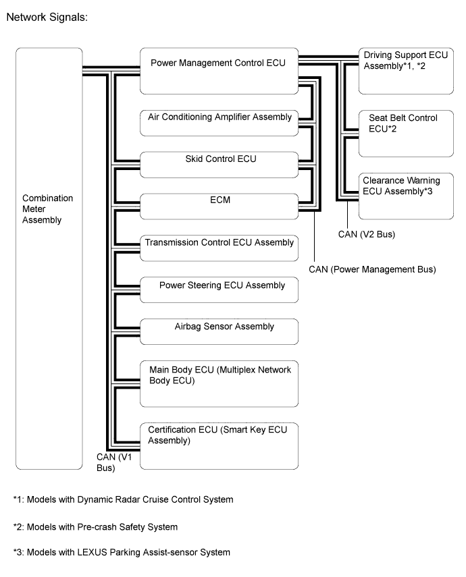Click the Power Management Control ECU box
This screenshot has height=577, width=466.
219,71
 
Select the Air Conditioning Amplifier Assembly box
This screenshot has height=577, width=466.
219,123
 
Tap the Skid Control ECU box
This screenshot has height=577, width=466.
219,165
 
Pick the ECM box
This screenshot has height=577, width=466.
219,207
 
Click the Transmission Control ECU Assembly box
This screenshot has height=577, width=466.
219,248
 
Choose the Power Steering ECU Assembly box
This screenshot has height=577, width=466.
219,290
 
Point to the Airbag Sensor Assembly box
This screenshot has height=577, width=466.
219,331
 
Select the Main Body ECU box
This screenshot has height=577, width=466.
219,384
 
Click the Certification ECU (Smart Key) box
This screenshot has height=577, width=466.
219,446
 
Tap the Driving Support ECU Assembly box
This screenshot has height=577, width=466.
406,71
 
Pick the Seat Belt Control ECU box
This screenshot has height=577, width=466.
406,134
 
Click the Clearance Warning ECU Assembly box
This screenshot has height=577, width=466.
406,196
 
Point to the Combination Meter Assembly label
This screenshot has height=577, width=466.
47,209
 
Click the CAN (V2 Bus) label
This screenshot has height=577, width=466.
367,234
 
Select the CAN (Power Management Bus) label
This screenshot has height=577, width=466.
372,269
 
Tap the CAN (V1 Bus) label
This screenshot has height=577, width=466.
114,462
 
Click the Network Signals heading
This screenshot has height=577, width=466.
47,18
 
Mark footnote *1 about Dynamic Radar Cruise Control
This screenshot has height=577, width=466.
124,499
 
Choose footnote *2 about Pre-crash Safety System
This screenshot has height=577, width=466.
95,527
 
